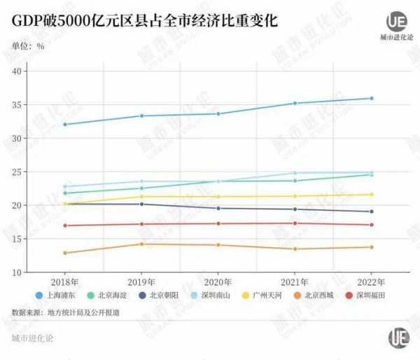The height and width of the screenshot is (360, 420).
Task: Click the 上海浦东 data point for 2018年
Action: (65, 125)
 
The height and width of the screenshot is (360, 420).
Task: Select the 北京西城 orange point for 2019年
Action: (141, 244)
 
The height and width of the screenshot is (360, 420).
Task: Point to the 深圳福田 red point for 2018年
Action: (65, 226)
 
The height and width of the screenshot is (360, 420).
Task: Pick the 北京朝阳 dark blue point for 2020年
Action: (218, 209)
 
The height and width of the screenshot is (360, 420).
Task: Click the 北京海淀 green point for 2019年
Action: (141, 188)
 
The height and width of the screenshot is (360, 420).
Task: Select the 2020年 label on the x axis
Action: (218, 281)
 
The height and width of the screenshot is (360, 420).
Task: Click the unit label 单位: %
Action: (29, 46)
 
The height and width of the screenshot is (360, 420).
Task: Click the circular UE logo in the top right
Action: (397, 21)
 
